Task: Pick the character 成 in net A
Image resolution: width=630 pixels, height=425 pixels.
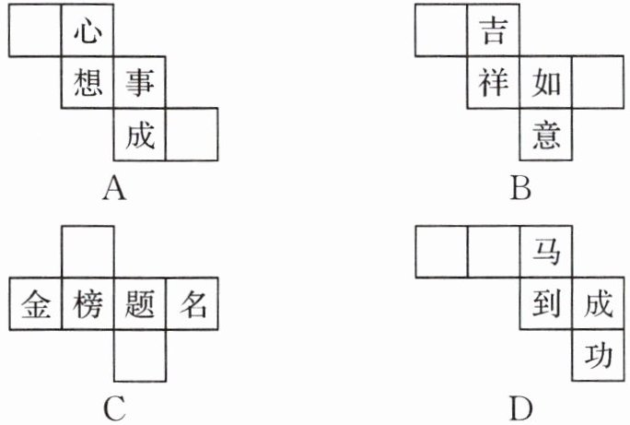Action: click(139, 135)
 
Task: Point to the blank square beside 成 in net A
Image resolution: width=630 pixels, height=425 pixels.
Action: click(192, 135)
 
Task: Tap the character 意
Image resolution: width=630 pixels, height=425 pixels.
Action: click(545, 135)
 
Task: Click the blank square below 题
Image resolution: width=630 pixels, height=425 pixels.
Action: click(139, 355)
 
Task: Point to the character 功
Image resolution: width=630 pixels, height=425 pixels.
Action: click(597, 355)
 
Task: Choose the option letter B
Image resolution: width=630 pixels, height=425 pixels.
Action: click(520, 190)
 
